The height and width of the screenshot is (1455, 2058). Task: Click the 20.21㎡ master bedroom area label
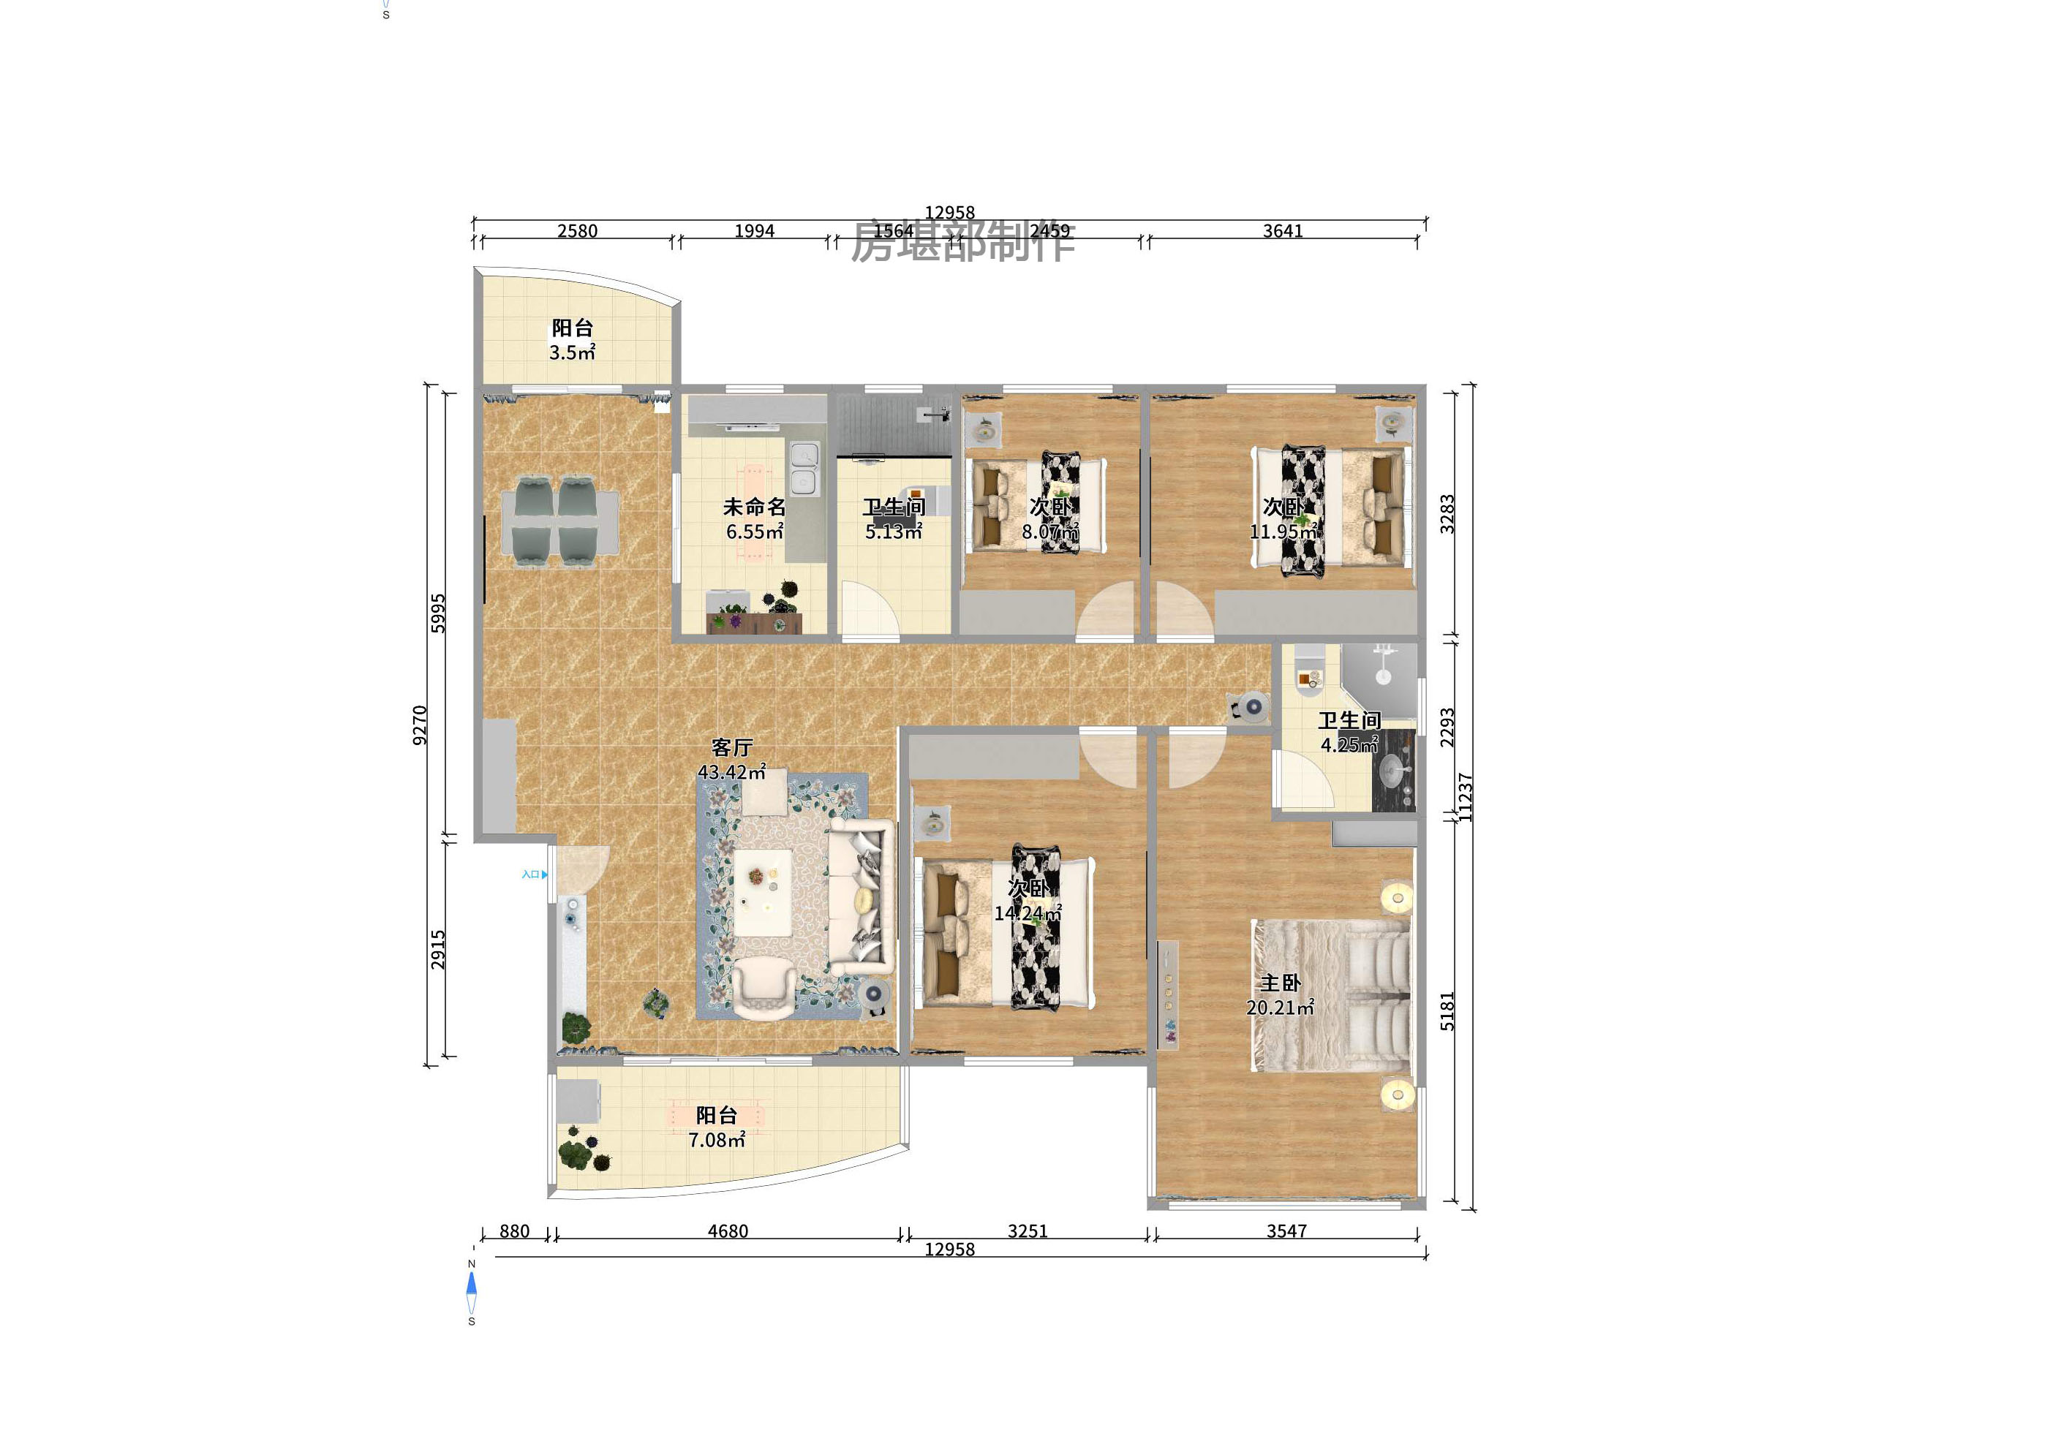click(1279, 1008)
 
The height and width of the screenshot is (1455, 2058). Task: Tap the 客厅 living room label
click(731, 747)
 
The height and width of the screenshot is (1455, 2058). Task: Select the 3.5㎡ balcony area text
click(572, 353)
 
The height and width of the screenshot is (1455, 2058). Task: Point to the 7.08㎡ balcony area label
click(716, 1141)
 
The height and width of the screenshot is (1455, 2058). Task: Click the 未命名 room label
click(754, 507)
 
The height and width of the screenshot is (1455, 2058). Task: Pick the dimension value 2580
click(577, 231)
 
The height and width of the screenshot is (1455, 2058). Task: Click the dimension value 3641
click(1283, 231)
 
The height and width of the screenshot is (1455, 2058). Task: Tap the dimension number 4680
click(728, 1231)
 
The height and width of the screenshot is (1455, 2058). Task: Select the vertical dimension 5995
click(438, 613)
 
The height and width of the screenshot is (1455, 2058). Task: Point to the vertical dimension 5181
click(1447, 1010)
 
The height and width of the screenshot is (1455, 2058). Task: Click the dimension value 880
click(515, 1231)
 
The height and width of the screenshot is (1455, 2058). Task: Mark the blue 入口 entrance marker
click(534, 874)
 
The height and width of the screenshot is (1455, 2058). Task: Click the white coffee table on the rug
click(764, 891)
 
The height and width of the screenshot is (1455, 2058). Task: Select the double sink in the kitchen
click(804, 469)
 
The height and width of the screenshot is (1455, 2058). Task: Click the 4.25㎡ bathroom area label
click(1348, 744)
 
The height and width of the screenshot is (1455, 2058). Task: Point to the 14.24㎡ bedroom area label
click(1028, 914)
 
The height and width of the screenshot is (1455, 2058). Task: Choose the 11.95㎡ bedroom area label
click(1283, 532)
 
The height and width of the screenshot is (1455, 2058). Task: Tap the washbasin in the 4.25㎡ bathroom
click(1392, 768)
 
